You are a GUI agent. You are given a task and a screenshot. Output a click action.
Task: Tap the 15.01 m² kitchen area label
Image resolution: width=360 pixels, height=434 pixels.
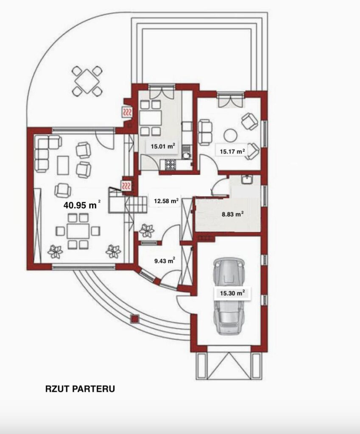(x=162, y=146)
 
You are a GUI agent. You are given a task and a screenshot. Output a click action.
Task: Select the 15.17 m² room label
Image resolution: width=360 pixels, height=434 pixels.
(x=232, y=151)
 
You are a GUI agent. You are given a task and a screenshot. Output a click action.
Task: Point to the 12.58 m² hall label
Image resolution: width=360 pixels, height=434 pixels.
(x=166, y=201)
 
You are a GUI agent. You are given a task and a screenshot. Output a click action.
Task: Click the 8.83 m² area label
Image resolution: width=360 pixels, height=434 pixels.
(x=233, y=214)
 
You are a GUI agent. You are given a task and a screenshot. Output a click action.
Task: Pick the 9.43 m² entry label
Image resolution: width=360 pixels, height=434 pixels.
(x=164, y=261)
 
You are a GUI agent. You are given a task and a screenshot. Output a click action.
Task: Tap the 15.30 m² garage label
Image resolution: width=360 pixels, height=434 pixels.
(x=232, y=293)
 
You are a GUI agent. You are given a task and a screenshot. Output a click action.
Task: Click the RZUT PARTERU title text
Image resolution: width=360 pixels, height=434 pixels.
(x=80, y=389)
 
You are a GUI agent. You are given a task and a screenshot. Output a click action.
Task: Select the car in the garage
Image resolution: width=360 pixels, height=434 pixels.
(x=229, y=296)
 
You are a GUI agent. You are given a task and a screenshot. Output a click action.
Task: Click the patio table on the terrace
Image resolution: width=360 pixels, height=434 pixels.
(x=87, y=81)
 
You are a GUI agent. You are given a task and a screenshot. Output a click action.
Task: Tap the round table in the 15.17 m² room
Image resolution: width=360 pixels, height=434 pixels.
(x=230, y=136)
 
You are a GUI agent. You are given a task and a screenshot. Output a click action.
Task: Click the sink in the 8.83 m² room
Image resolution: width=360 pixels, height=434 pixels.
(x=246, y=180)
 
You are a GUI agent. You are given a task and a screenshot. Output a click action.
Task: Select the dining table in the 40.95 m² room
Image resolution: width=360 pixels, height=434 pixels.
(x=78, y=231)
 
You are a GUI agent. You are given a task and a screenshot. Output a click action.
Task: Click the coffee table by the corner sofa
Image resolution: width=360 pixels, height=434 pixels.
(x=63, y=165)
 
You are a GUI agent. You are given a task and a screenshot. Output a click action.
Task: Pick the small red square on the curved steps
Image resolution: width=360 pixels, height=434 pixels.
(x=134, y=319)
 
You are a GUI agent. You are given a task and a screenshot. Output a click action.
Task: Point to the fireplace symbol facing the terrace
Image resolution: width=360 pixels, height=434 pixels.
(x=128, y=112)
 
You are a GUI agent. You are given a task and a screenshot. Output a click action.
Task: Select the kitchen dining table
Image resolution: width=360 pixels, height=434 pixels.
(x=151, y=118)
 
